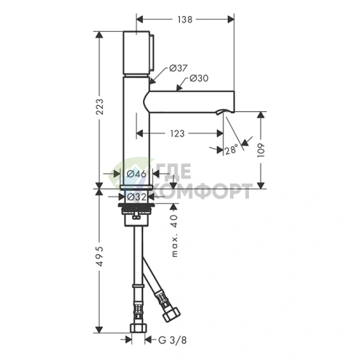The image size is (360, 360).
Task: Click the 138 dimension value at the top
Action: (x=185, y=20)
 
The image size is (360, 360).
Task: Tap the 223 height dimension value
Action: (x=99, y=107)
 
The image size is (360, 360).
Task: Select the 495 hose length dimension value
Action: (x=99, y=256)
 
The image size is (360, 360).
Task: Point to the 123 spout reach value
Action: (x=177, y=134)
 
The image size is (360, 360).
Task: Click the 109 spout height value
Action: (x=261, y=150)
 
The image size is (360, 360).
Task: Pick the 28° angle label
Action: (x=231, y=150)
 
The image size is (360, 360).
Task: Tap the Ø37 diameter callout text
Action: (x=179, y=68)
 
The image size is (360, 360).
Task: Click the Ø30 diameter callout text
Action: (x=199, y=78)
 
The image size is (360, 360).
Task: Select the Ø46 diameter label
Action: (x=136, y=173)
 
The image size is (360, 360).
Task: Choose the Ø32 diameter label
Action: (x=136, y=197)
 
